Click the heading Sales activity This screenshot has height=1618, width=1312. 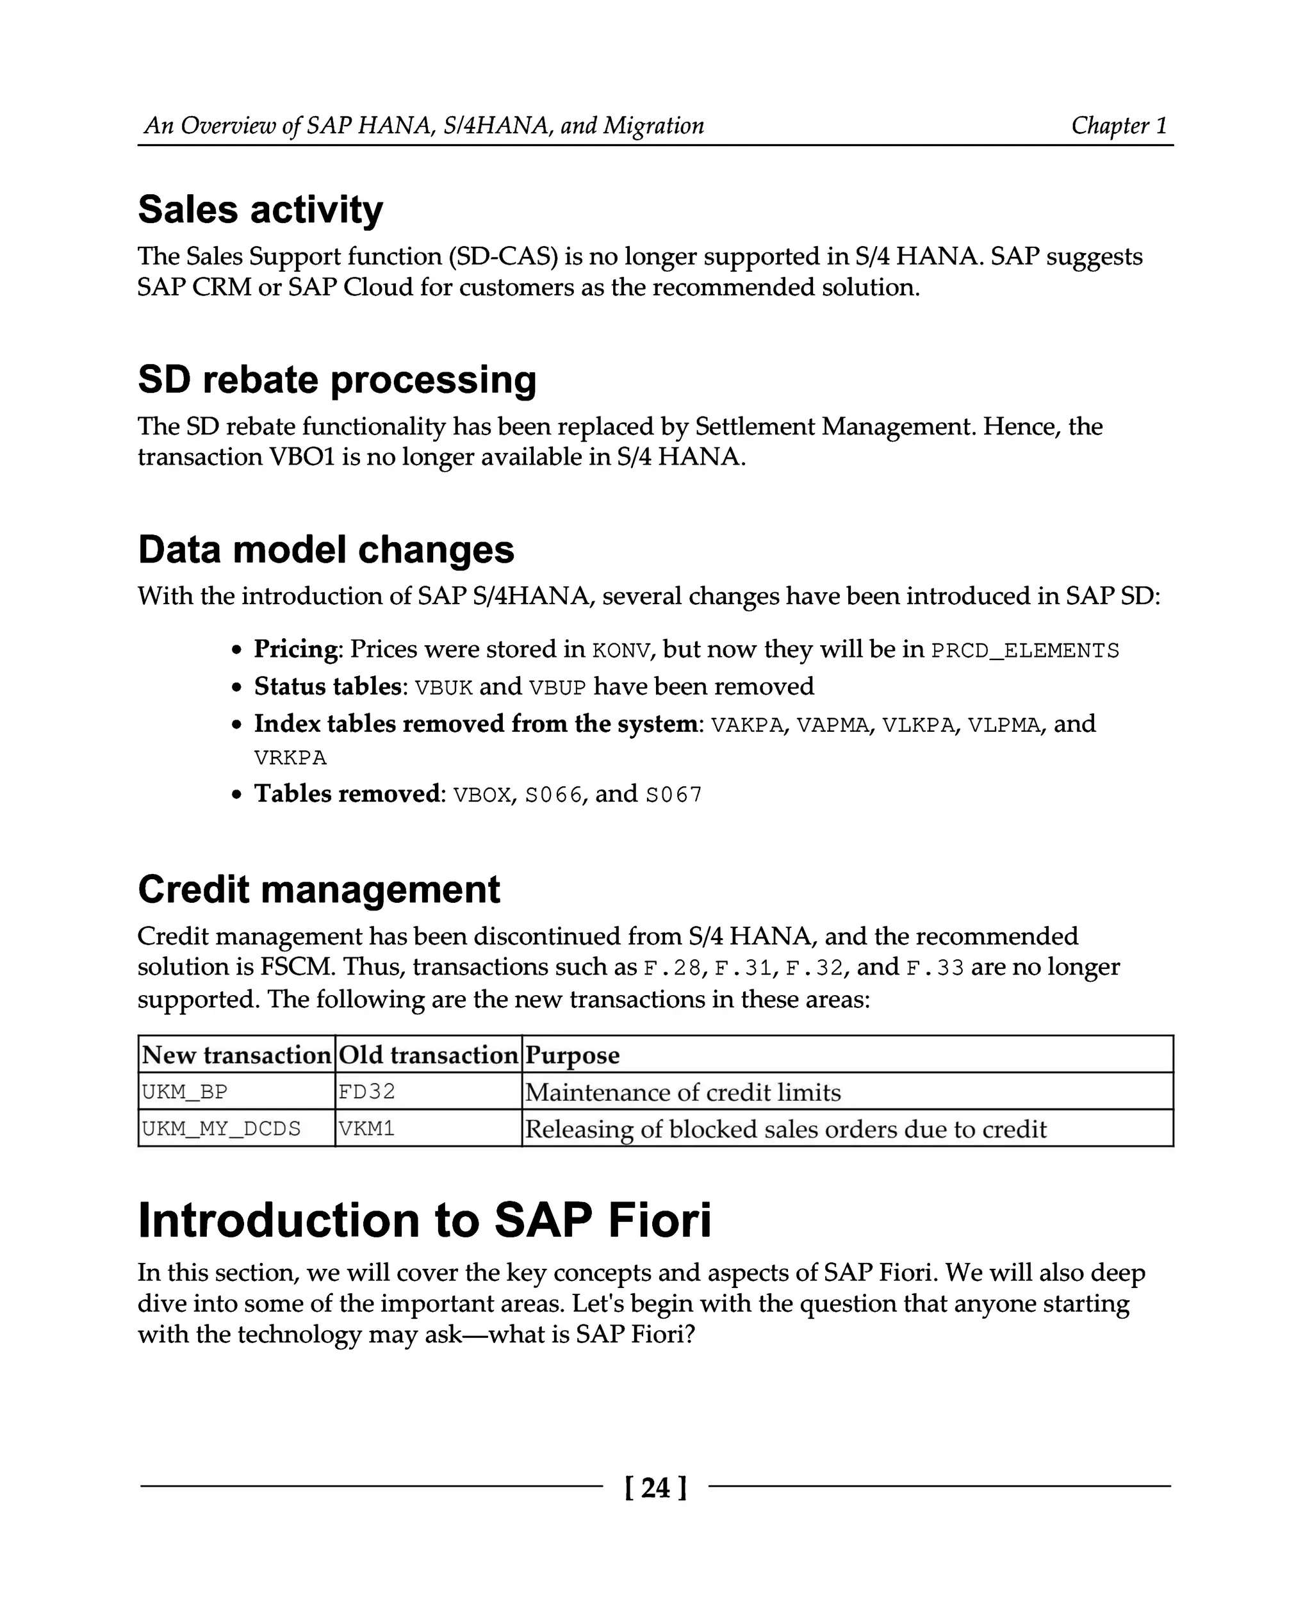pos(260,210)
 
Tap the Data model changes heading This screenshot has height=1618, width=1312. pos(325,549)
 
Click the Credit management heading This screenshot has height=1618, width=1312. pos(318,889)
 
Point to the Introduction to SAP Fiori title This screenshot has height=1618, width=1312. pos(424,1219)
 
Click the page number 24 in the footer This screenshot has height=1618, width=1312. pos(655,1487)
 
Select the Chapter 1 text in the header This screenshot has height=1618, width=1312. pos(1119,125)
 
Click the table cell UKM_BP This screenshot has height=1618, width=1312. pos(184,1092)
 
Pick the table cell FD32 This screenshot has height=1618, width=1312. pos(367,1092)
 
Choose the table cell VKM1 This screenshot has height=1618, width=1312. pos(367,1129)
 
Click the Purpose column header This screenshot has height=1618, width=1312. pos(572,1055)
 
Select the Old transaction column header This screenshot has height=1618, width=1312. pos(428,1055)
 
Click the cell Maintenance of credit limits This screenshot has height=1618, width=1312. pos(682,1092)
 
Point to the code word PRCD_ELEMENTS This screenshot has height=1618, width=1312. pos(1025,651)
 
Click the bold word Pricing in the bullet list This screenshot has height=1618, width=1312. pos(295,648)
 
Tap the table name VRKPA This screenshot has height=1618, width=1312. pos(290,757)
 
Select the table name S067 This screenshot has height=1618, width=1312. pos(673,795)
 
